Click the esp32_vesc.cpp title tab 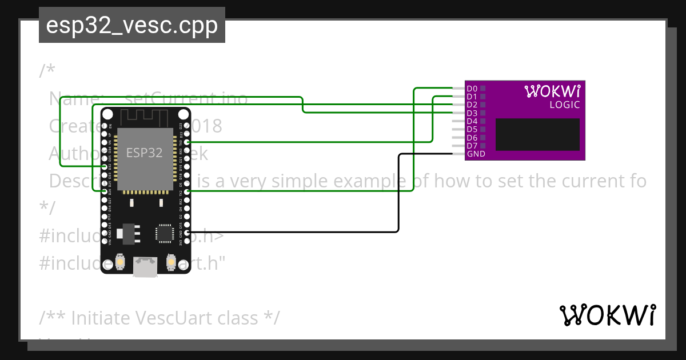click(x=131, y=26)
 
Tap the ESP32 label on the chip click(x=144, y=153)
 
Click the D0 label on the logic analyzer click(x=472, y=89)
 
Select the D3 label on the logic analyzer click(x=472, y=113)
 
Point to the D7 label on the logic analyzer click(x=472, y=146)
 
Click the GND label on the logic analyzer click(x=476, y=154)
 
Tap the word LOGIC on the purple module click(x=564, y=105)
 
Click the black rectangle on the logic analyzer click(x=537, y=135)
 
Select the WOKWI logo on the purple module click(x=552, y=91)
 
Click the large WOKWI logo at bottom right click(x=608, y=315)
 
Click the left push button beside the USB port click(x=121, y=262)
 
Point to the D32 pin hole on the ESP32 click(x=103, y=166)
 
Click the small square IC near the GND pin click(x=164, y=233)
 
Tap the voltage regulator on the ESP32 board click(x=126, y=233)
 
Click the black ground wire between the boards click(x=398, y=194)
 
